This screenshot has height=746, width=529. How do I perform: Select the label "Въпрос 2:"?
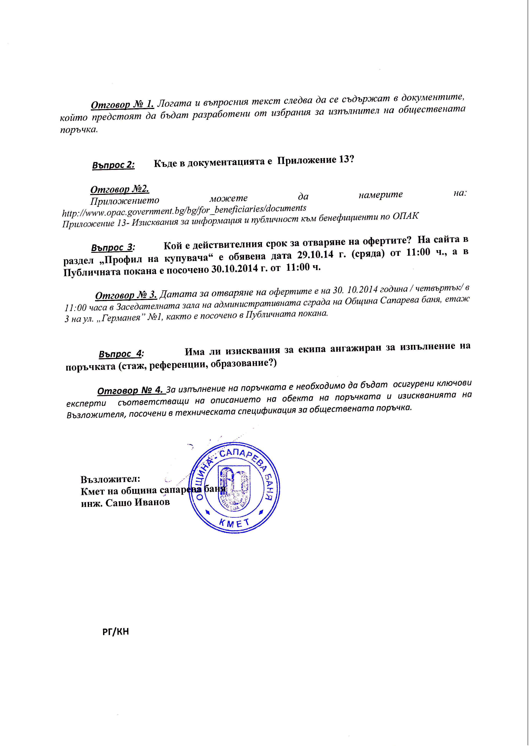113,165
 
